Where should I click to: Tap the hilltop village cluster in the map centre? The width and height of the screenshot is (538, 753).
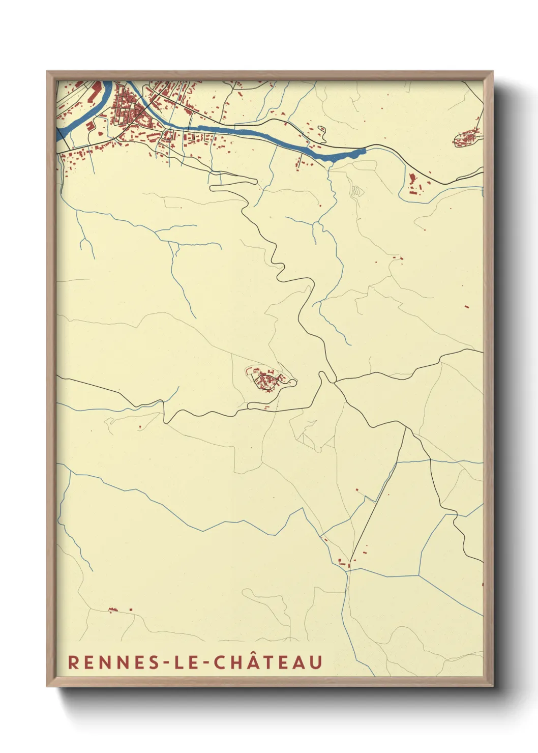266,380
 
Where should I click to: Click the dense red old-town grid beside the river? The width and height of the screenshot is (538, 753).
127,109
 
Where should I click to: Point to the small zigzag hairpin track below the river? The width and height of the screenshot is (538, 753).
356,191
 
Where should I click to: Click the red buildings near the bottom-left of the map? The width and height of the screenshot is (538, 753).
114,610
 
